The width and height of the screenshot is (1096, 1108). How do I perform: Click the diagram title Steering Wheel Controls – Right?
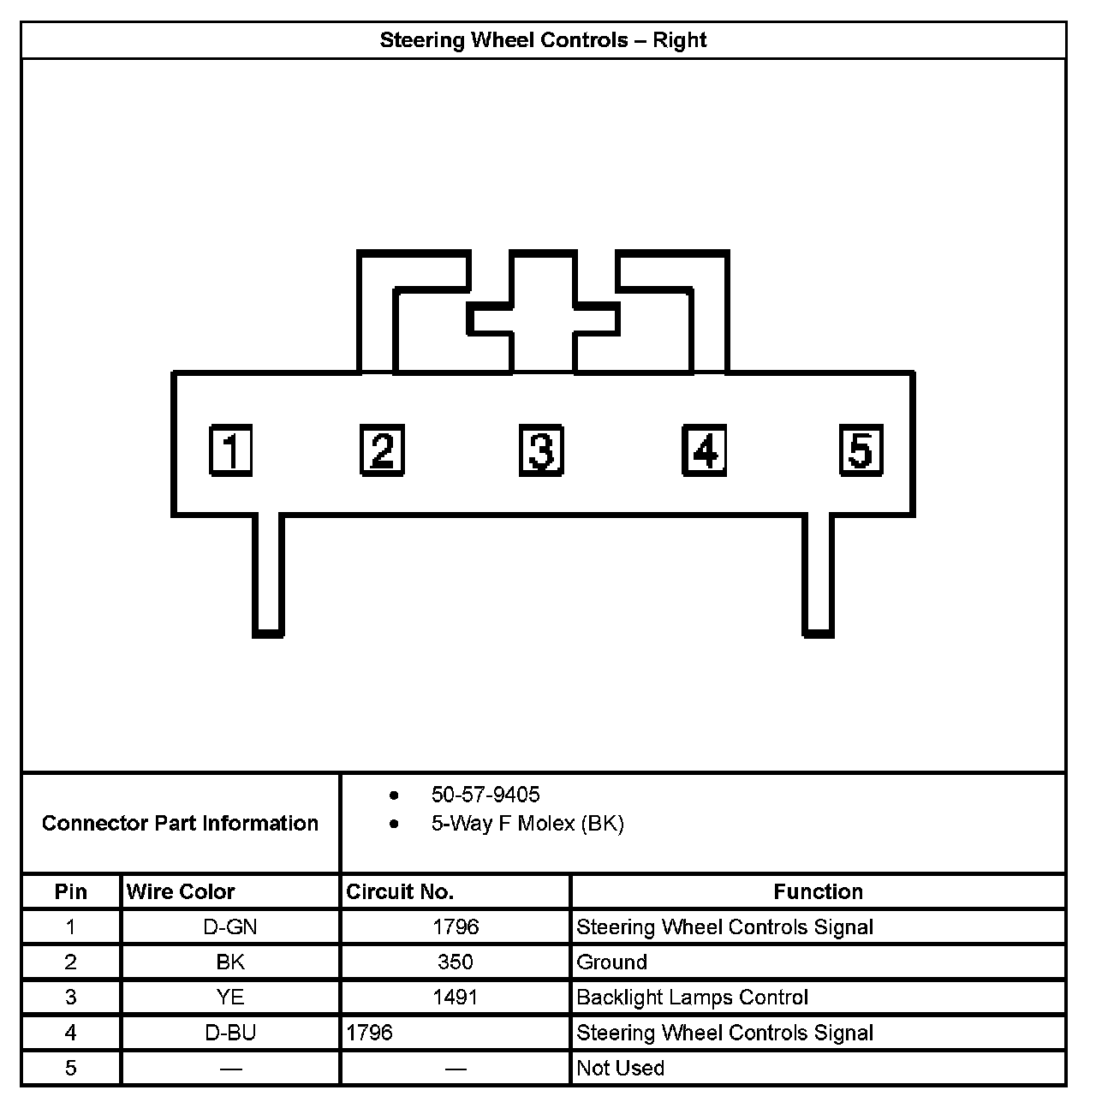point(543,40)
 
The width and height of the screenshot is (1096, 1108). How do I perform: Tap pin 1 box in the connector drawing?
point(231,450)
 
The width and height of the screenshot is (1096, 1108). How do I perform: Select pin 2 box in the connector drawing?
point(382,450)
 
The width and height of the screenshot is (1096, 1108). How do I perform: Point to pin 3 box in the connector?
point(541,450)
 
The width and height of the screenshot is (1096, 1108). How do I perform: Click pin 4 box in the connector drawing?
point(704,450)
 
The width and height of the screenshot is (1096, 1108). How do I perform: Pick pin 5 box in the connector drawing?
point(861,450)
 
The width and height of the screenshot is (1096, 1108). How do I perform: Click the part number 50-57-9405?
point(485,795)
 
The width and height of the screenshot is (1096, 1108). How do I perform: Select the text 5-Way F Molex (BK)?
point(527,824)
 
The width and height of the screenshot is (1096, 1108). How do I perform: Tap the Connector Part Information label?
point(180,823)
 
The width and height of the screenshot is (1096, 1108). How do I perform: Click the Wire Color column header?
point(181,891)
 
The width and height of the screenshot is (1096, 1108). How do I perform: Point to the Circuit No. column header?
point(400,891)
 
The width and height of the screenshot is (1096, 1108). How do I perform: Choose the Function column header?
point(818,891)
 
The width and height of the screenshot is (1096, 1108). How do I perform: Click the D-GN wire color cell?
point(230,926)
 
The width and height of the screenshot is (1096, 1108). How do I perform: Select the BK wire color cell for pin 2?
point(230,962)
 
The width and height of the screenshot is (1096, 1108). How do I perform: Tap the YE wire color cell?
point(230,997)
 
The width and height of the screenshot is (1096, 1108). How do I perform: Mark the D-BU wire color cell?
point(230,1032)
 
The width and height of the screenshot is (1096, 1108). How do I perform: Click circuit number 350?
point(455,962)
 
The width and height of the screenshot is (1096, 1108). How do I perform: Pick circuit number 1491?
point(455,997)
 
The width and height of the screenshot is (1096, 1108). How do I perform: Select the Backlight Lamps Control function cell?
point(692,997)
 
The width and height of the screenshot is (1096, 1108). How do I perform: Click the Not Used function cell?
point(620,1068)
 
